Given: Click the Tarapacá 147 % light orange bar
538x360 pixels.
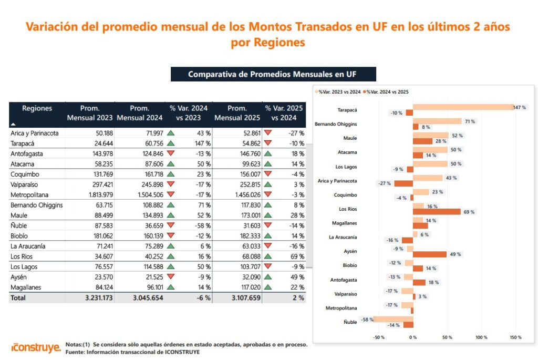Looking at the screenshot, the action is pos(463,107).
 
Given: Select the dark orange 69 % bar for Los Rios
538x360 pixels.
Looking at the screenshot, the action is pos(437,212).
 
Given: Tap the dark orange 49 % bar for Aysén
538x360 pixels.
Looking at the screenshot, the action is pos(430,254).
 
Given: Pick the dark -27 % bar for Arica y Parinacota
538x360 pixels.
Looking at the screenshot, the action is pos(403,183).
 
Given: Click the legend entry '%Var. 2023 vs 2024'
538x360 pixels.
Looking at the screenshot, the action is pos(338,91).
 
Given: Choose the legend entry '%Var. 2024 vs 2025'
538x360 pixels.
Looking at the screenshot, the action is pos(386,91).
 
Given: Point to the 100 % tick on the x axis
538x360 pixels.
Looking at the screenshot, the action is pos(481,337).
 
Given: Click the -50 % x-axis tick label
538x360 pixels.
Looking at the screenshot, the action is pos(379,337).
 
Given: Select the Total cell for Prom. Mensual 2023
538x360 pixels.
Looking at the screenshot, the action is pos(99,297).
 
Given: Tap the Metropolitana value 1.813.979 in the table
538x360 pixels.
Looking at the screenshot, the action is pos(101,194).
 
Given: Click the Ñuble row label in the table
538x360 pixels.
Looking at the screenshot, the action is pos(18,225).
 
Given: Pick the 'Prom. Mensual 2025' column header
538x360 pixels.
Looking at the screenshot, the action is pos(237,113).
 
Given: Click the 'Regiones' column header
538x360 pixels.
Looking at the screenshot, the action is pos(37,108).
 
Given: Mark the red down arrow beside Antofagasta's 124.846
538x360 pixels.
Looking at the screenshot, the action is pos(171,153).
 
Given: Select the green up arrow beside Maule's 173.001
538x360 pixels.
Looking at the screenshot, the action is pos(268,215).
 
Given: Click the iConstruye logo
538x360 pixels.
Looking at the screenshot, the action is pos(36,347).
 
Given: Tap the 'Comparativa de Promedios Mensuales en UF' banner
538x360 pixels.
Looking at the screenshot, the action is pos(273,74).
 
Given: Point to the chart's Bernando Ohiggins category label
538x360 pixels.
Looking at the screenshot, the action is pos(336,124).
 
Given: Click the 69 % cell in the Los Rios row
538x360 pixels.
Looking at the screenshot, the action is pos(297,256).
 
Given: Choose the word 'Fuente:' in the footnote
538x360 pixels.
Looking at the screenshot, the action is pos(75,352).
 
